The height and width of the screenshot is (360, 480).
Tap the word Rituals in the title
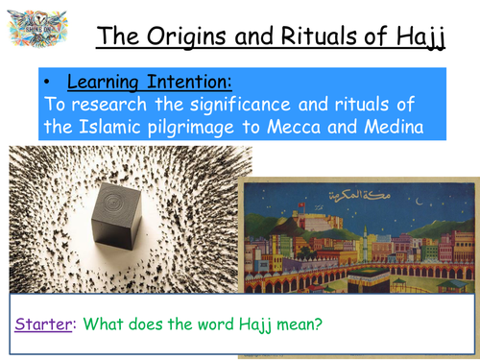coord(317,37)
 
